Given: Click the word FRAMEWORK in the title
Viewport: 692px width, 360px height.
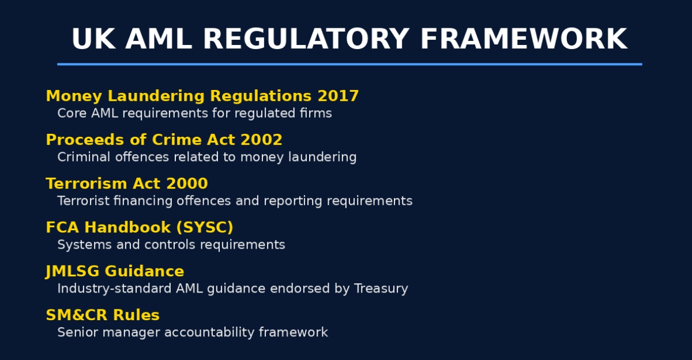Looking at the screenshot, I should pos(524,40).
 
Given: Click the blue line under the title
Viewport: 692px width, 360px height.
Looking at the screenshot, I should pos(349,64).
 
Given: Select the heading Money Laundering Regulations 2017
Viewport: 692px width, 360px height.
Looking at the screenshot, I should pos(202,96).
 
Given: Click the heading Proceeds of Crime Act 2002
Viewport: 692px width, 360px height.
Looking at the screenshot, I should pos(164,140).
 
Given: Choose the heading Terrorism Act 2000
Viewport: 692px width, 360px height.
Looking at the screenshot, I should pos(127,183).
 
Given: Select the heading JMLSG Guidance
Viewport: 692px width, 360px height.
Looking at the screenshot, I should pos(115,271).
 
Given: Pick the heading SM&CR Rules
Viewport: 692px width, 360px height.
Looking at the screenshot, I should pos(103,315).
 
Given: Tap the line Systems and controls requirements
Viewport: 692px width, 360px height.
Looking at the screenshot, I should pos(171,245).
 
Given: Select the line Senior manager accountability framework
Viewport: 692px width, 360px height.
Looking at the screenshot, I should pos(193,332).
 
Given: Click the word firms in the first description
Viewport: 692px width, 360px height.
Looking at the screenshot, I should pos(318,113).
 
